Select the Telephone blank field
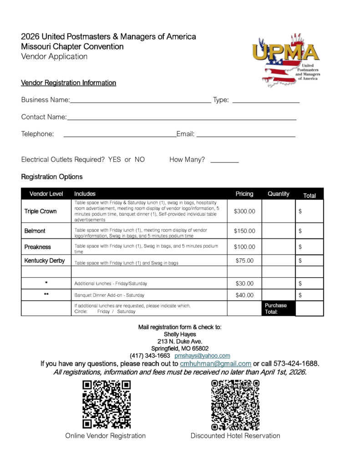119,135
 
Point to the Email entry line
246,135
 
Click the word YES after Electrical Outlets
115,160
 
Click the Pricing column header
244,194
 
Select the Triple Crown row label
41,211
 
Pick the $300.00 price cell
244,211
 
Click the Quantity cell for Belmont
278,231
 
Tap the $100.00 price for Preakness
244,247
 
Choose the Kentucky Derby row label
45,261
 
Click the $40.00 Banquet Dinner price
244,295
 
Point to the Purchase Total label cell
276,309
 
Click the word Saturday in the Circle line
126,312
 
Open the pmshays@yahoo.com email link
202,355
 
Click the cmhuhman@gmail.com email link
216,364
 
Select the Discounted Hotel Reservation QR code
235,405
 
